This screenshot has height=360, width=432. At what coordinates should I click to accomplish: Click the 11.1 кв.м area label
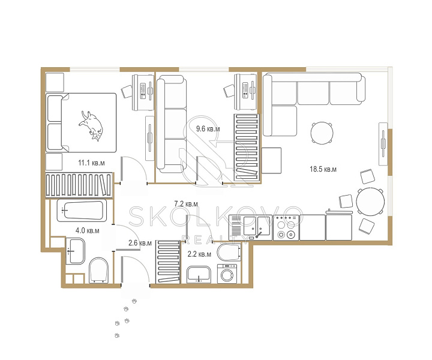[x=91, y=163]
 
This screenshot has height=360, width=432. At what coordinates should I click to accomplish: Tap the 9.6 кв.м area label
[x=208, y=128]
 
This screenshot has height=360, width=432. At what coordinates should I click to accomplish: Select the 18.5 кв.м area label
[x=323, y=169]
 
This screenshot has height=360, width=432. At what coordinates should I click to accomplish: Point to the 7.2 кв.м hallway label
[x=186, y=204]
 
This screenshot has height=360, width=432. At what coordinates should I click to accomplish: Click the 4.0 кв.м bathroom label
[x=88, y=230]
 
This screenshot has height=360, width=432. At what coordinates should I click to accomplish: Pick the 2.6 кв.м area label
[x=140, y=243]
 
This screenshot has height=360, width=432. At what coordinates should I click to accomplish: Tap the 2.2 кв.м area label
[x=199, y=254]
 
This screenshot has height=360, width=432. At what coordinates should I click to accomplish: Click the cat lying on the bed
[x=91, y=125]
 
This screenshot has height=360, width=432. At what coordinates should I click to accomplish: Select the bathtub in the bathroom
[x=82, y=211]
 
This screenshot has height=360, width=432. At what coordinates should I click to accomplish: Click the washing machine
[x=227, y=274]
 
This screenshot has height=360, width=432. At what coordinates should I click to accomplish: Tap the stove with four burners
[x=286, y=227]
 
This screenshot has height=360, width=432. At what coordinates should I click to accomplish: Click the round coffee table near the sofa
[x=322, y=133]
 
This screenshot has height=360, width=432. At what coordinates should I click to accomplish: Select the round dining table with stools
[x=370, y=202]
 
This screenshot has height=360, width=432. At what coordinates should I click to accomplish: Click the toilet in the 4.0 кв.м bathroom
[x=98, y=271]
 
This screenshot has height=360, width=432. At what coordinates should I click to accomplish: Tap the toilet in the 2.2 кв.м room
[x=229, y=253]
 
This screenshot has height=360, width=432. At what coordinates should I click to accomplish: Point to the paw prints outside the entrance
[x=125, y=318]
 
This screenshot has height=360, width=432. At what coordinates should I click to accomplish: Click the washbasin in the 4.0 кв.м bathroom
[x=75, y=251]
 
